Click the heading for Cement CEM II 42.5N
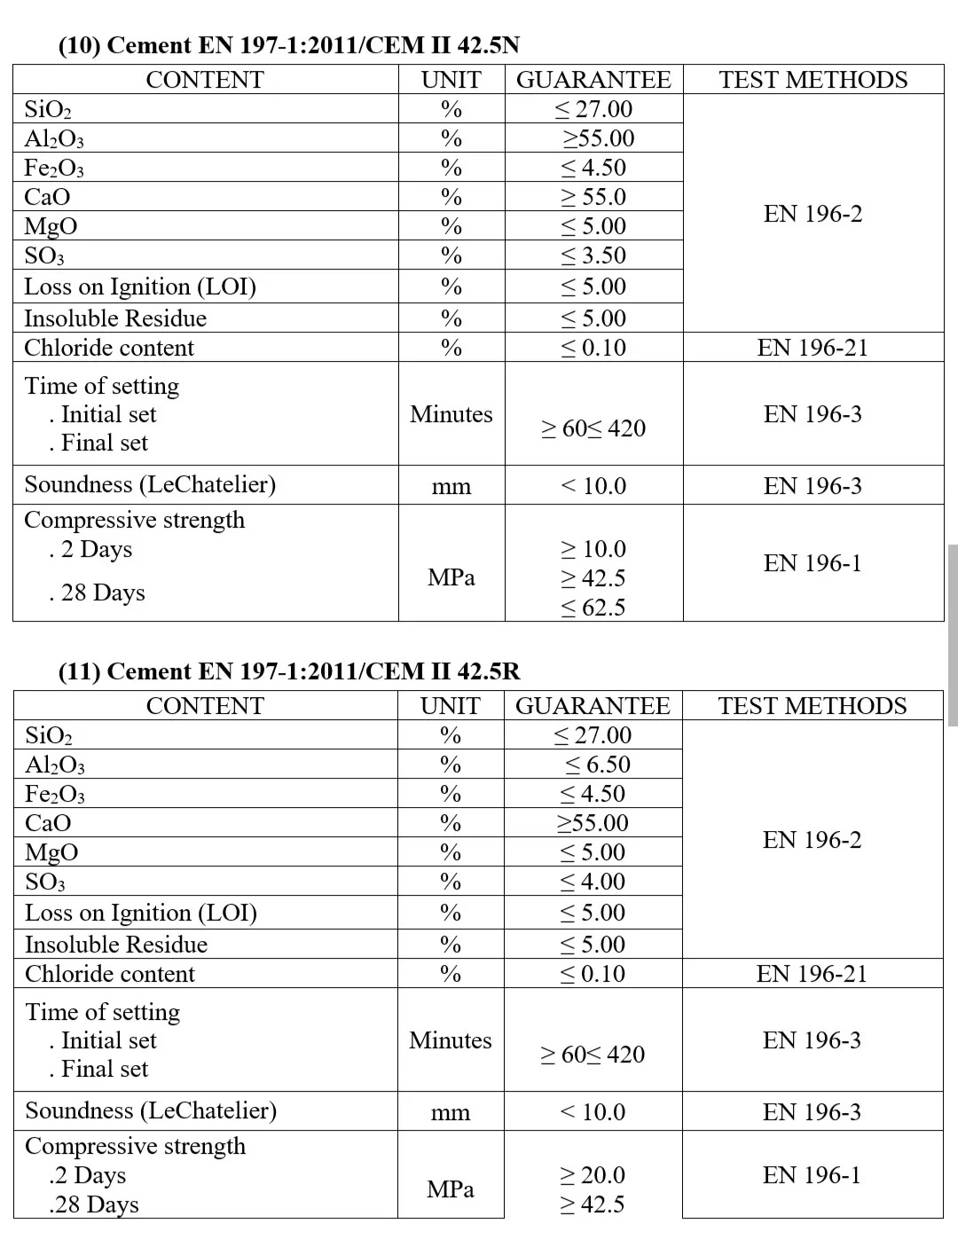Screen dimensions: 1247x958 click(x=289, y=46)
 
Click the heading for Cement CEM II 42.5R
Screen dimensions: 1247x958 click(x=289, y=671)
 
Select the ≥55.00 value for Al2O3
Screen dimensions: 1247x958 click(x=599, y=138)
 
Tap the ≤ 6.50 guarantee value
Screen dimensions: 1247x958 click(x=598, y=765)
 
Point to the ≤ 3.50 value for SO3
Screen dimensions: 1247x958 click(x=593, y=255)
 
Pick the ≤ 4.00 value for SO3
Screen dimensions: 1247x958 click(x=593, y=882)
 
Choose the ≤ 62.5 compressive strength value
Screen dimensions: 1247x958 click(x=593, y=608)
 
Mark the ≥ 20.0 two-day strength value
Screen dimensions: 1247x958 click(x=593, y=1175)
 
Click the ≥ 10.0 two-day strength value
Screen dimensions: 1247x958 click(x=593, y=549)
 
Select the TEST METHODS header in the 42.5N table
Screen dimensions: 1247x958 click(x=813, y=80)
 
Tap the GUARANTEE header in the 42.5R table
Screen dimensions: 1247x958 click(x=593, y=706)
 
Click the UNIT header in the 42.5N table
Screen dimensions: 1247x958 click(x=451, y=80)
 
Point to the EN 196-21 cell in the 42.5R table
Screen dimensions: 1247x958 click(x=812, y=974)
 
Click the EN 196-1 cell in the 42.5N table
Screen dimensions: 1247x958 click(x=813, y=563)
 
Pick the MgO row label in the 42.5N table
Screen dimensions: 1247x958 click(x=51, y=226)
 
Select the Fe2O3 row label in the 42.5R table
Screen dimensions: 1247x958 click(x=55, y=794)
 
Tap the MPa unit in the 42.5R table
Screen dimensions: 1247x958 click(x=451, y=1189)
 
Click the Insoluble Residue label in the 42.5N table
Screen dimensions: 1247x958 click(x=115, y=318)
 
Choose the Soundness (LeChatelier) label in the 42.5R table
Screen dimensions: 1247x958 click(x=151, y=1110)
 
